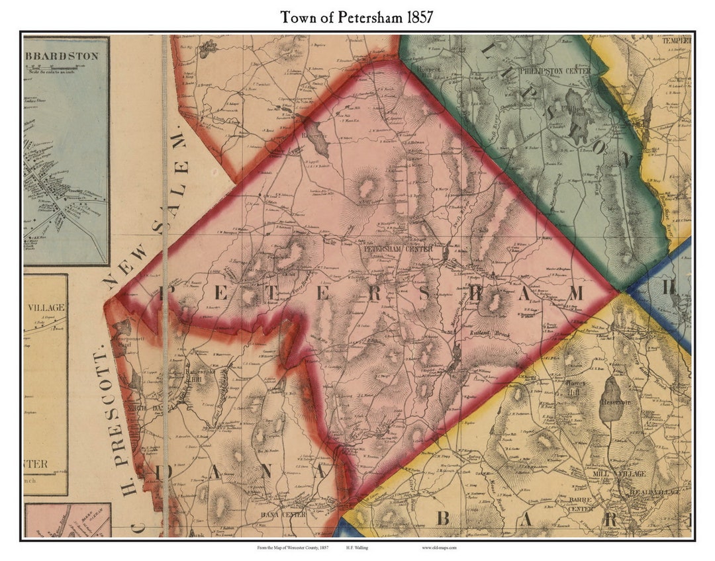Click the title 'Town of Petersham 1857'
tap(357, 17)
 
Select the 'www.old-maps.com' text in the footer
tap(438, 548)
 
